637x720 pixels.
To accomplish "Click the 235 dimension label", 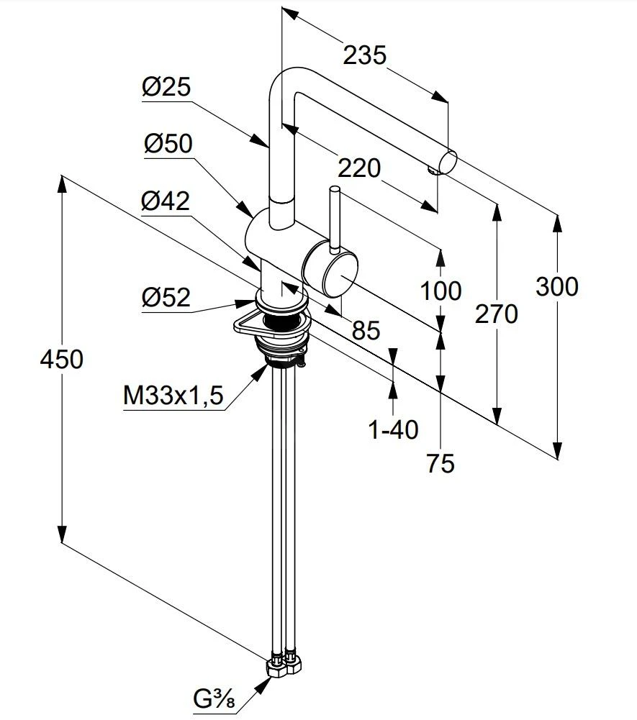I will point(364,55).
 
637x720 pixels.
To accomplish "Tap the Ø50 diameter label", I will point(168,145).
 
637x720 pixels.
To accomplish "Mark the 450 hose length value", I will point(63,359).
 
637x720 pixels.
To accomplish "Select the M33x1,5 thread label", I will point(173,394).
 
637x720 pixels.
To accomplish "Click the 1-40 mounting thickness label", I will point(393,429).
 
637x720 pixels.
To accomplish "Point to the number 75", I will point(440,464).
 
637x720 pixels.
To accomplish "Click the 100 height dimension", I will point(441,291).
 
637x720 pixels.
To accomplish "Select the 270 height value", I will point(497,314).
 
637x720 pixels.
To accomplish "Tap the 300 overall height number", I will point(557,286).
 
